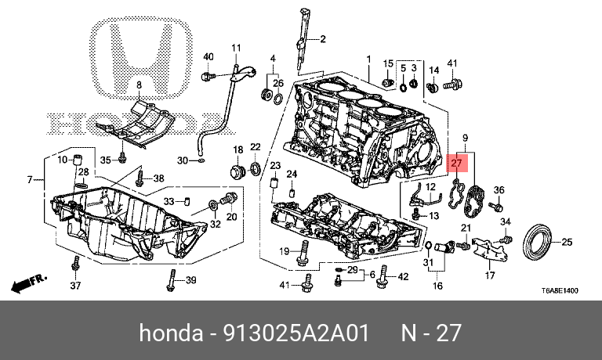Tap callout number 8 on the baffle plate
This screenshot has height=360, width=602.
pos(139,85)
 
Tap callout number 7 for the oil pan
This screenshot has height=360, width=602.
pos(30,181)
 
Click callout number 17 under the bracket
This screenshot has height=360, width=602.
pos(491,276)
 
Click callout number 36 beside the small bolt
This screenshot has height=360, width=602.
pos(499,190)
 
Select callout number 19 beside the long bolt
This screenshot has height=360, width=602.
pos(286,250)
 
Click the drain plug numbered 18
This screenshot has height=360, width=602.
pos(236,171)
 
